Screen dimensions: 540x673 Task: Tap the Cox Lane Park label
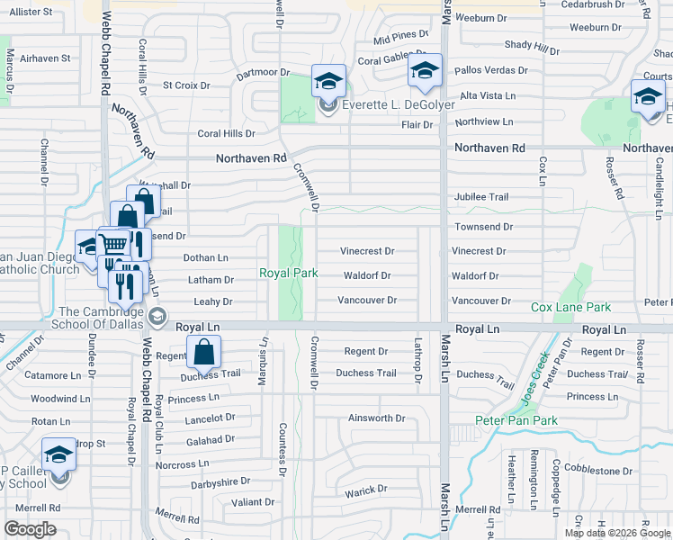(x=570, y=307)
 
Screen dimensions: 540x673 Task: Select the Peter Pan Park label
(x=516, y=420)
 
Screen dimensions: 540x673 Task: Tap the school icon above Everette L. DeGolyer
(x=328, y=82)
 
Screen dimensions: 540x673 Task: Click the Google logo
(x=30, y=528)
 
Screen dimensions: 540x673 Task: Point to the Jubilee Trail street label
(x=481, y=196)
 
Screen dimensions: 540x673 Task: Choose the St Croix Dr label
(x=185, y=86)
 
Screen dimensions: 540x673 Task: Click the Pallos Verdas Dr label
(x=492, y=69)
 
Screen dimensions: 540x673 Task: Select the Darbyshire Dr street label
(x=220, y=482)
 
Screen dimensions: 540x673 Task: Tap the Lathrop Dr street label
(x=417, y=360)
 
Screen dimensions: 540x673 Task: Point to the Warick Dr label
(x=366, y=490)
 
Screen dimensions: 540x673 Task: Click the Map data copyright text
(x=617, y=533)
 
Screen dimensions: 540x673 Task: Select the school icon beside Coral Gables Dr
(x=424, y=71)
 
